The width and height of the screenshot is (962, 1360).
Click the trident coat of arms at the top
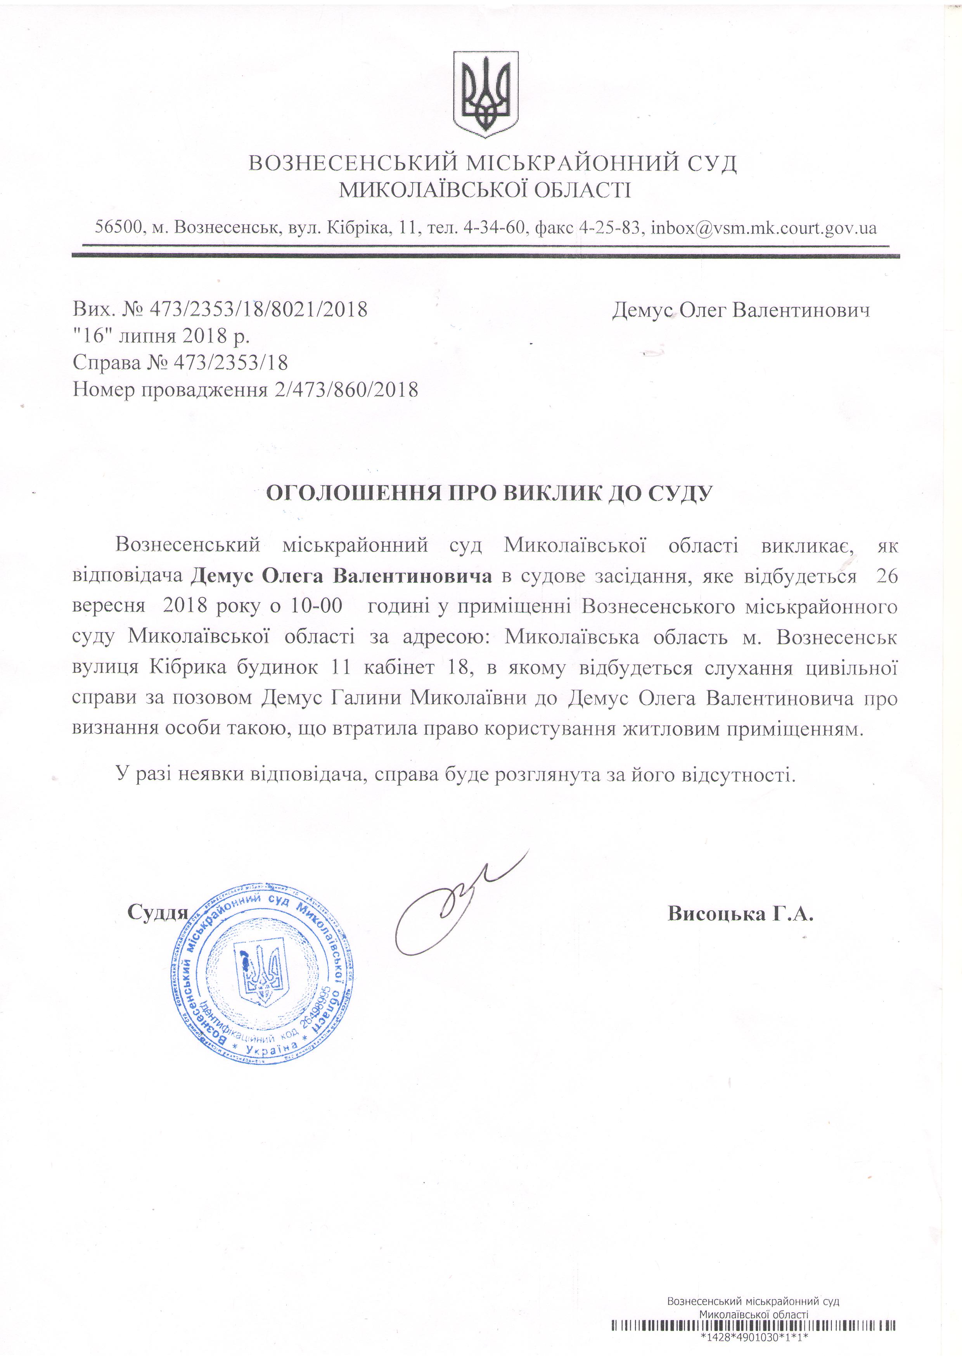tap(485, 93)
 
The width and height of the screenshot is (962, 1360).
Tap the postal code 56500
tap(118, 228)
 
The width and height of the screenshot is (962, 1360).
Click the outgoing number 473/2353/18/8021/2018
tap(259, 309)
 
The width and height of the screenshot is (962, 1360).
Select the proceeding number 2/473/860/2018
tap(346, 389)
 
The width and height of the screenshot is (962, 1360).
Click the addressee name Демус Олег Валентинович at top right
tap(741, 309)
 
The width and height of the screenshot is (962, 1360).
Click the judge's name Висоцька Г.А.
tap(741, 913)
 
